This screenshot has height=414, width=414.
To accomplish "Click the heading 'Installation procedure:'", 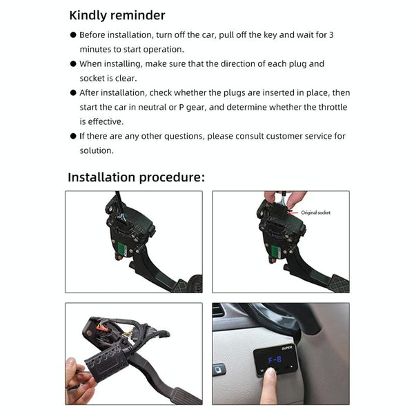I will pyautogui.click(x=136, y=177).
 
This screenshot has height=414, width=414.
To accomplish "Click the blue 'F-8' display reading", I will pyautogui.click(x=275, y=359).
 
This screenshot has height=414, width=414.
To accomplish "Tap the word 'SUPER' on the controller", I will pyautogui.click(x=287, y=348).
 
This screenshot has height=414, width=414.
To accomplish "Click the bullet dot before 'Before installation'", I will pyautogui.click(x=73, y=34).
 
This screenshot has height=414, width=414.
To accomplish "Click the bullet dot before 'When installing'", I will pyautogui.click(x=73, y=64).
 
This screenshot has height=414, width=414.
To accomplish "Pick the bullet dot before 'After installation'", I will pyautogui.click(x=73, y=93).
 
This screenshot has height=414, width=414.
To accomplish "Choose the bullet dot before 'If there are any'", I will pyautogui.click(x=73, y=137).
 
